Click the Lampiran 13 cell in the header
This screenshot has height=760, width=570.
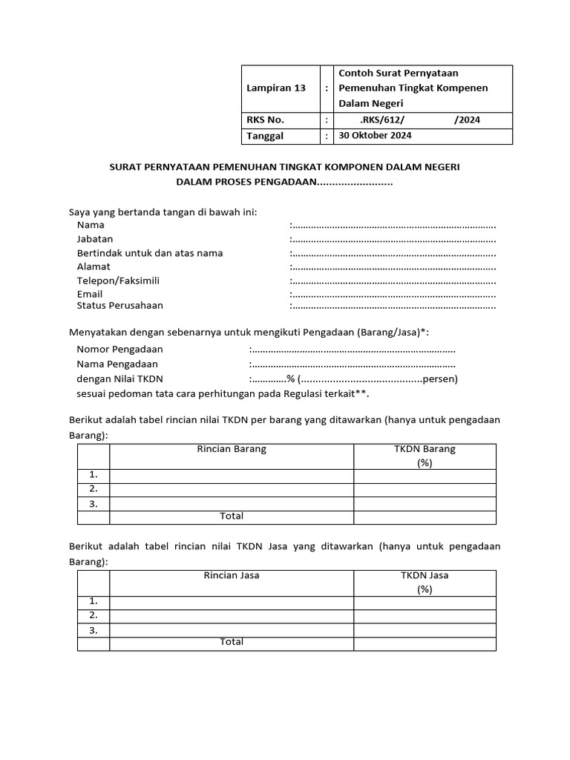(276, 88)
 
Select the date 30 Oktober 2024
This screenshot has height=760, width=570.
(375, 136)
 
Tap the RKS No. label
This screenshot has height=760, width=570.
(265, 119)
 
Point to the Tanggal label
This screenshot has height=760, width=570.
(265, 136)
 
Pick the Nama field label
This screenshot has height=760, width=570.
(91, 225)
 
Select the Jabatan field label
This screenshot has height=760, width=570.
(95, 239)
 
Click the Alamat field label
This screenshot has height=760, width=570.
(94, 266)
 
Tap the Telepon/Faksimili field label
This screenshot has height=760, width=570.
(118, 281)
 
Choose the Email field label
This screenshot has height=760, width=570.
(90, 294)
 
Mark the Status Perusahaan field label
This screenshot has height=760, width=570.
(119, 305)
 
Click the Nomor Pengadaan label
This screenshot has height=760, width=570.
(119, 349)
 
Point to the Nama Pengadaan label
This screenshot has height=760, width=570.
(117, 364)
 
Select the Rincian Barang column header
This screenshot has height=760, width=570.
(232, 450)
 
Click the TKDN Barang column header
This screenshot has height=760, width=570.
(425, 450)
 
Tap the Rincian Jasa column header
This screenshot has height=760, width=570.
(232, 575)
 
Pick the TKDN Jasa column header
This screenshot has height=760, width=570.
(425, 575)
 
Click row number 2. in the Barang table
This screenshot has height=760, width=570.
(94, 488)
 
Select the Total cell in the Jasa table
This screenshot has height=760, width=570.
(232, 642)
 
